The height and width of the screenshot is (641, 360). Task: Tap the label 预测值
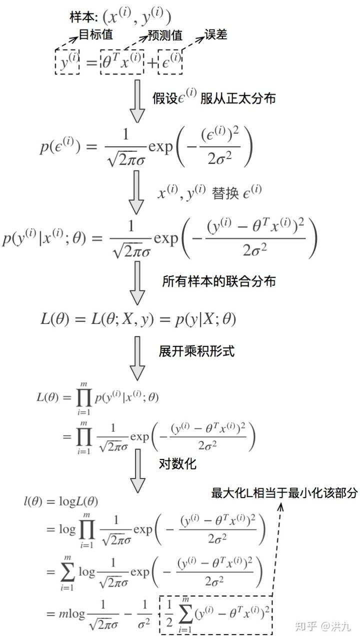[165, 36]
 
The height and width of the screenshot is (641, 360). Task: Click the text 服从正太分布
[238, 98]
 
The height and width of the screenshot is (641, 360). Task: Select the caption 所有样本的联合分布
[219, 281]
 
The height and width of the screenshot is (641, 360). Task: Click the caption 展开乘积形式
[196, 351]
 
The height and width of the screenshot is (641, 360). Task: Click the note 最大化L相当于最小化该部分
[284, 493]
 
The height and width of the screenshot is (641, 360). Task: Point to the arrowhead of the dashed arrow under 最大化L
[280, 506]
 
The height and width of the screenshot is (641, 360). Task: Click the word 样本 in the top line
[79, 16]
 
